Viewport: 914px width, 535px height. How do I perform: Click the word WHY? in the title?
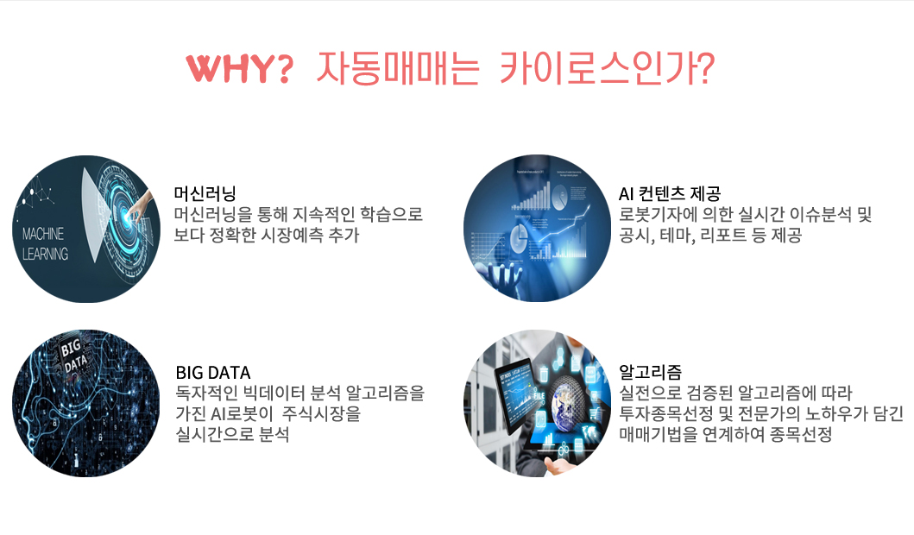pos(239,68)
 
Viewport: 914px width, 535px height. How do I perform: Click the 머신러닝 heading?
pos(205,193)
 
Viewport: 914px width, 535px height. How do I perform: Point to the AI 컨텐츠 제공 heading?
pos(670,193)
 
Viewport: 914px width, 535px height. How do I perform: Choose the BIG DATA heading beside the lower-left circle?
pos(213,373)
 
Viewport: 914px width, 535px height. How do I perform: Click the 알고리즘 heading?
pos(650,372)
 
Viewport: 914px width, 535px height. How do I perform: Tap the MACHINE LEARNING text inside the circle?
pos(45,243)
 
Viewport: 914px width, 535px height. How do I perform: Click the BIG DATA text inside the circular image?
pos(72,355)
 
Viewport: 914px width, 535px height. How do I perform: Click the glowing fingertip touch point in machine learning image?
pos(128,214)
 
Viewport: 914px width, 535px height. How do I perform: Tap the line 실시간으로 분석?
pos(232,434)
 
